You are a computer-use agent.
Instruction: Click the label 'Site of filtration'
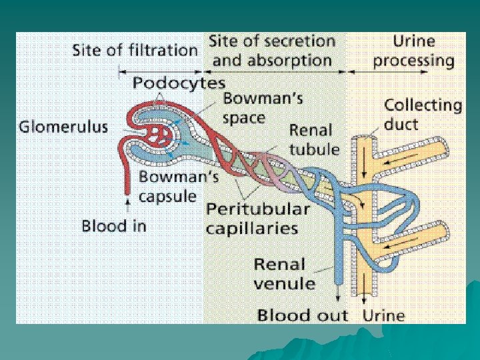click(135, 50)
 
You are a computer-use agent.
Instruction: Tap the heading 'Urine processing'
click(413, 51)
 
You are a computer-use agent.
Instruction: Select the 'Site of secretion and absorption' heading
click(271, 50)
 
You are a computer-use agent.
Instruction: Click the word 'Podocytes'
click(179, 83)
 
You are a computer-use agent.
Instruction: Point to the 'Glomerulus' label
click(63, 127)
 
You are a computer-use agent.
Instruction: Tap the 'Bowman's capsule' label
click(167, 187)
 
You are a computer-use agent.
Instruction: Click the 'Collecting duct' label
click(423, 114)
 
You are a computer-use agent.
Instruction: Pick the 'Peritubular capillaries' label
click(258, 218)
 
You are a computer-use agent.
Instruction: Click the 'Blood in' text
click(113, 225)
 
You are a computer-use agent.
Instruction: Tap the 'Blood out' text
click(303, 314)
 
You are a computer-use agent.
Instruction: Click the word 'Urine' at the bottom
click(383, 314)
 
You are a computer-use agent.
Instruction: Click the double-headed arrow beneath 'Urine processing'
click(403, 69)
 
